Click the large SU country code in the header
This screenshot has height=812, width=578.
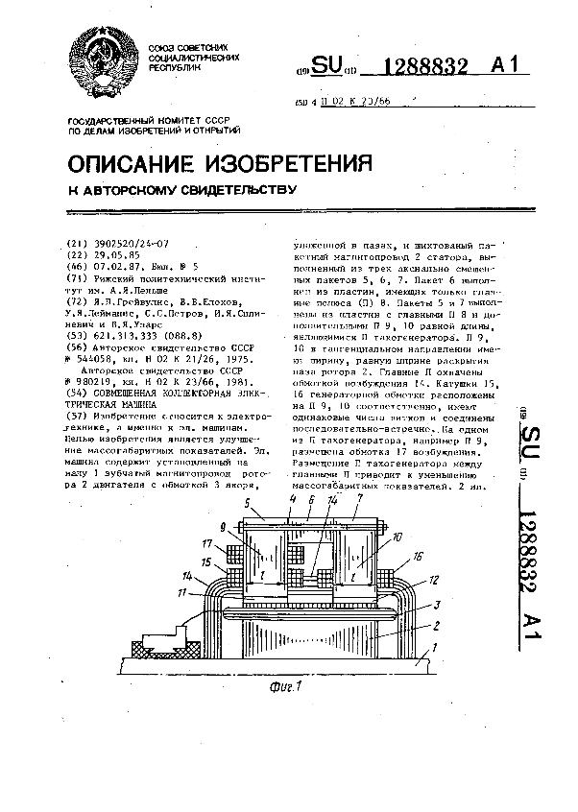(x=326, y=65)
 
